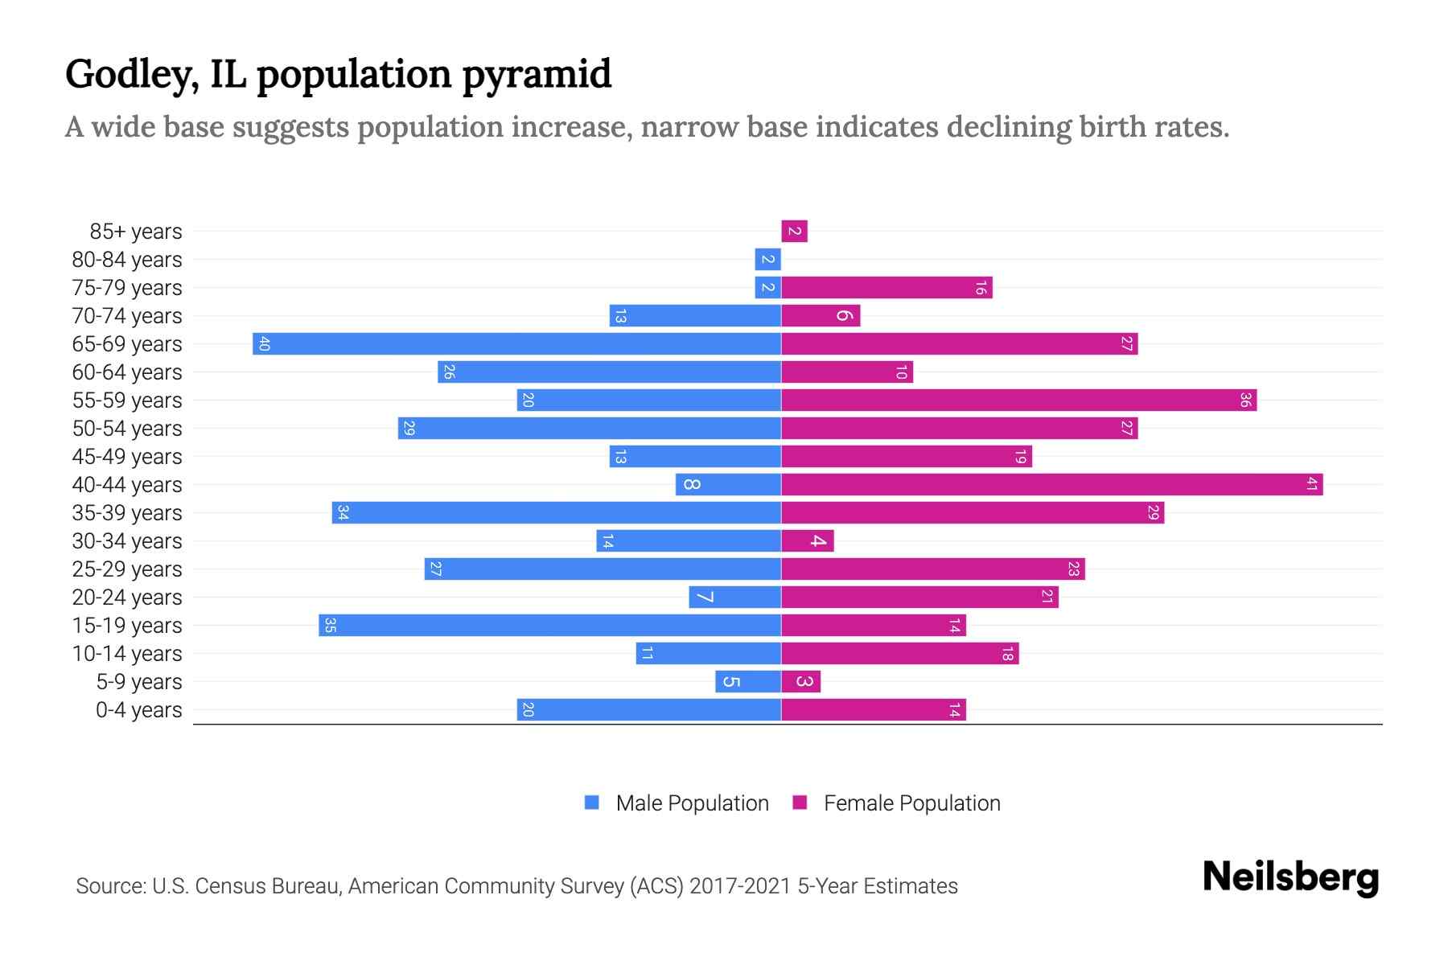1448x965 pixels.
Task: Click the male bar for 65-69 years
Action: [x=516, y=343]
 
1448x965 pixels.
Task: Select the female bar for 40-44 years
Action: [x=1051, y=484]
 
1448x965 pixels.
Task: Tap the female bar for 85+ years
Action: [x=794, y=231]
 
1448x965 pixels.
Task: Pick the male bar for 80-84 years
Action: [x=767, y=259]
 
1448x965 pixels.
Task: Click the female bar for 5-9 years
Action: [x=800, y=681]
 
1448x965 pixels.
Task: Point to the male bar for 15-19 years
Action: [x=549, y=625]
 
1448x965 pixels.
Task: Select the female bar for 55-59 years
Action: [x=1018, y=400]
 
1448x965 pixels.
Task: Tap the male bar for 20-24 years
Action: [x=734, y=597]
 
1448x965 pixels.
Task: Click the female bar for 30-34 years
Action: [x=807, y=540]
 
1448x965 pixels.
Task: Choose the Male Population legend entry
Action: [x=677, y=803]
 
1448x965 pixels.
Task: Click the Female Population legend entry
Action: [x=896, y=803]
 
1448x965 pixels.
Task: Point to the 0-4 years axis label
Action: [x=138, y=710]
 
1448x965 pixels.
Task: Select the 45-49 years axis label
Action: [x=127, y=457]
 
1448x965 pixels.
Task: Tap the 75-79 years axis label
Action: [x=127, y=288]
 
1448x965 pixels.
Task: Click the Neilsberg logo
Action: [x=1290, y=877]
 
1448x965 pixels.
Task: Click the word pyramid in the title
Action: [x=537, y=74]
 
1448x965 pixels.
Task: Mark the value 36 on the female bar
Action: [x=1244, y=400]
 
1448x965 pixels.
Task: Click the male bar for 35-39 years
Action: [x=556, y=512]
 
